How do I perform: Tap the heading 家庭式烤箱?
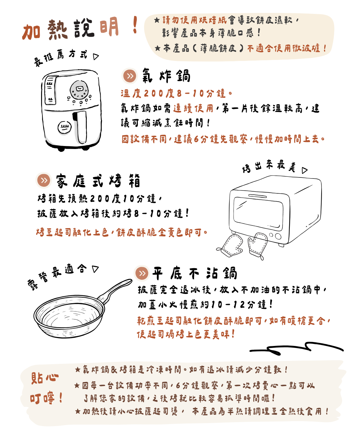(98, 181)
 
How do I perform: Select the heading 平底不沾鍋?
(195, 273)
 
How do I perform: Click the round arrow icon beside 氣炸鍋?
(129, 76)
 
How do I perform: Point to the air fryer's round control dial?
(79, 90)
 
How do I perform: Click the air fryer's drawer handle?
(80, 127)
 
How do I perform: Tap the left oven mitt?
(231, 245)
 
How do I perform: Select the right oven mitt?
(258, 245)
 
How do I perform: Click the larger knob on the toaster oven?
(278, 236)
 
